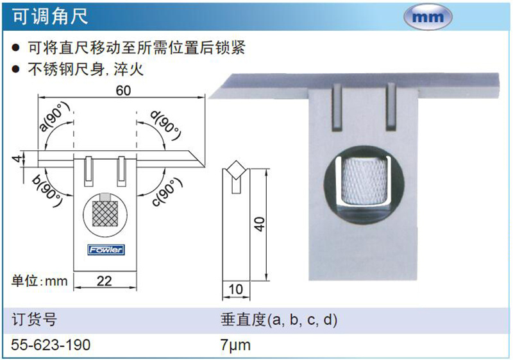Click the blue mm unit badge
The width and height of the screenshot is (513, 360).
(428, 17)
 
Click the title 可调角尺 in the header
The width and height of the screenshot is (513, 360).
(50, 16)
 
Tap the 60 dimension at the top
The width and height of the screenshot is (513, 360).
(123, 90)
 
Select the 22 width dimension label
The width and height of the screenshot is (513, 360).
(105, 281)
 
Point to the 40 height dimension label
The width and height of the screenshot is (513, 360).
(260, 224)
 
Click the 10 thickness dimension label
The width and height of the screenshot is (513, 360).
(236, 289)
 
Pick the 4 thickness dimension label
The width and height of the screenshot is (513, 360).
(17, 159)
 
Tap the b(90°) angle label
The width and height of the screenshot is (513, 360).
(47, 191)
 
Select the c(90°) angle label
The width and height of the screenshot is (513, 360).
(167, 192)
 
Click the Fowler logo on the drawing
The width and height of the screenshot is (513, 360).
(106, 250)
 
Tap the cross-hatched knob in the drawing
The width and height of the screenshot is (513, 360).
(105, 214)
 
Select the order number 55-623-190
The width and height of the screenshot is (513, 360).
(51, 345)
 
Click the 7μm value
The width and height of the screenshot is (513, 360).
(235, 345)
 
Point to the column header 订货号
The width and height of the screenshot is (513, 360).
(34, 320)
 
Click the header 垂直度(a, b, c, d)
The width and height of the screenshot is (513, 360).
(279, 320)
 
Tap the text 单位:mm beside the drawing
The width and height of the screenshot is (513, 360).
(40, 281)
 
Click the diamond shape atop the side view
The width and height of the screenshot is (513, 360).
(236, 169)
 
